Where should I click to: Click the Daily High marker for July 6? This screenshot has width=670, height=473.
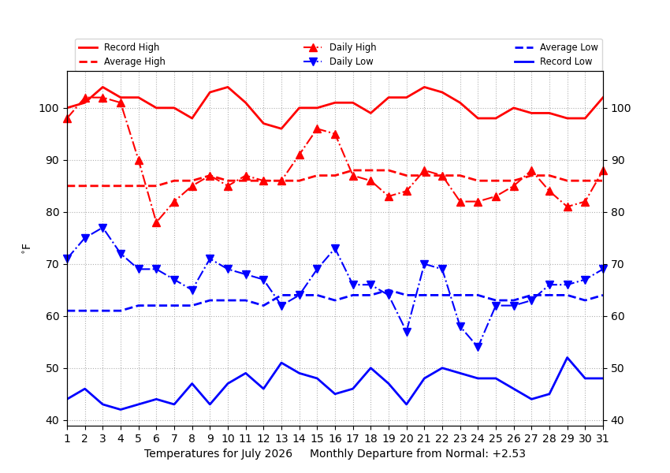156,222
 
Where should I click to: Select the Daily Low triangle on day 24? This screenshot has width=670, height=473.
478,347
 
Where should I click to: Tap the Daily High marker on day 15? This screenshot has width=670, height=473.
317,129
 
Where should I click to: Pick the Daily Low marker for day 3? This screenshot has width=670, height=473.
102,228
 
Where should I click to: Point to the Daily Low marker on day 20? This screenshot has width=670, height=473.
407,332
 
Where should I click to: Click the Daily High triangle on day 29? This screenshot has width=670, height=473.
568,207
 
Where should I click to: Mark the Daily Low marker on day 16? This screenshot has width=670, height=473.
335,248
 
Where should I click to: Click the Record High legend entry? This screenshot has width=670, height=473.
119,47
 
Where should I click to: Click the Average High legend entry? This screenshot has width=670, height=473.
121,61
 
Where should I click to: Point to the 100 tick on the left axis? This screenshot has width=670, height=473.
49,108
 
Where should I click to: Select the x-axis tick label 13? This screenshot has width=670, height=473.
281,438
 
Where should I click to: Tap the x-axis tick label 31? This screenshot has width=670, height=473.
602,438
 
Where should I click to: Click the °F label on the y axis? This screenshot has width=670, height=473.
26,248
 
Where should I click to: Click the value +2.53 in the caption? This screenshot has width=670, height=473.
509,453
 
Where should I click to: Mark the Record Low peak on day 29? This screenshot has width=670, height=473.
568,358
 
